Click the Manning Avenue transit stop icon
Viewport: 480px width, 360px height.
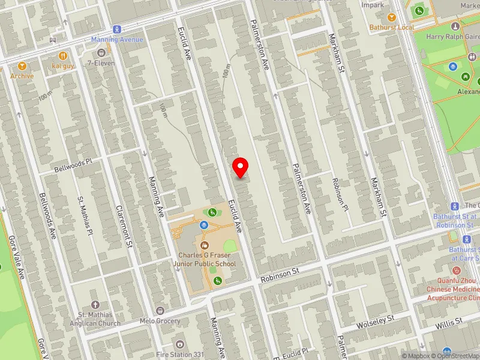pos(117,29)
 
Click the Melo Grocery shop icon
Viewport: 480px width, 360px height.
pos(160,310)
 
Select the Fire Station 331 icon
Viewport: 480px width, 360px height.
pos(179,344)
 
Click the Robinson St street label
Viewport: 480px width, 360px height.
pos(280,272)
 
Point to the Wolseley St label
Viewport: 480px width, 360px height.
pos(375,320)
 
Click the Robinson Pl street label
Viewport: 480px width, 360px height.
pos(341,194)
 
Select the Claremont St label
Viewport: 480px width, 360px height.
pos(128,229)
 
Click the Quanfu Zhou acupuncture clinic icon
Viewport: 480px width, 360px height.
pos(456,271)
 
